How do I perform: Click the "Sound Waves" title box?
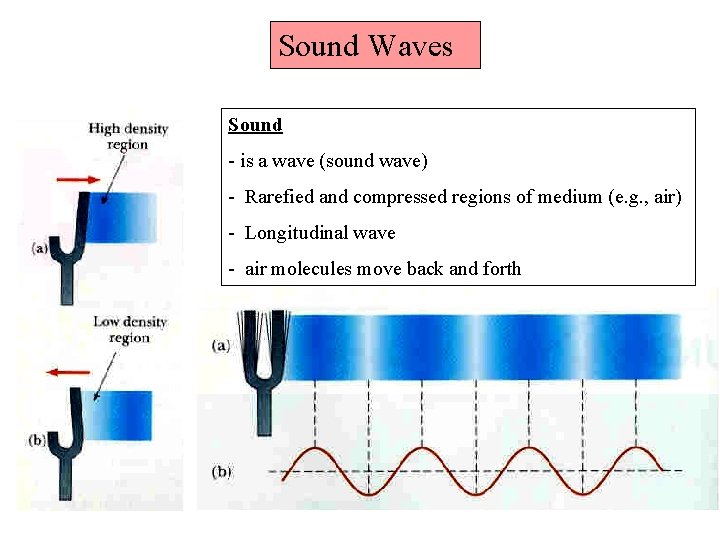point(375,46)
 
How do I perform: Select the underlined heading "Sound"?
point(255,125)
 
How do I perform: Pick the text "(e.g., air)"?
point(644,197)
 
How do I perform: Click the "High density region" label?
point(128,136)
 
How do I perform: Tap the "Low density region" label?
point(129,329)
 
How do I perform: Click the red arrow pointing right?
point(77,180)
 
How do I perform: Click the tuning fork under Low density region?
point(79,440)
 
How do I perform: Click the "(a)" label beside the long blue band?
point(222,345)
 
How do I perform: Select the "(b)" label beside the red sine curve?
point(222,471)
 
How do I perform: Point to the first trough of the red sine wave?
point(369,493)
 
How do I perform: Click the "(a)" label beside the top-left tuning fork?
point(41,246)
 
